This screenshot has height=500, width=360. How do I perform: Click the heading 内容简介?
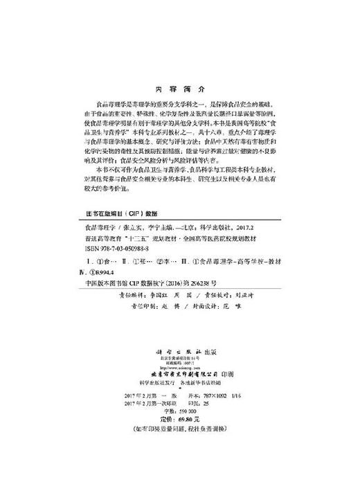click(179, 90)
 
